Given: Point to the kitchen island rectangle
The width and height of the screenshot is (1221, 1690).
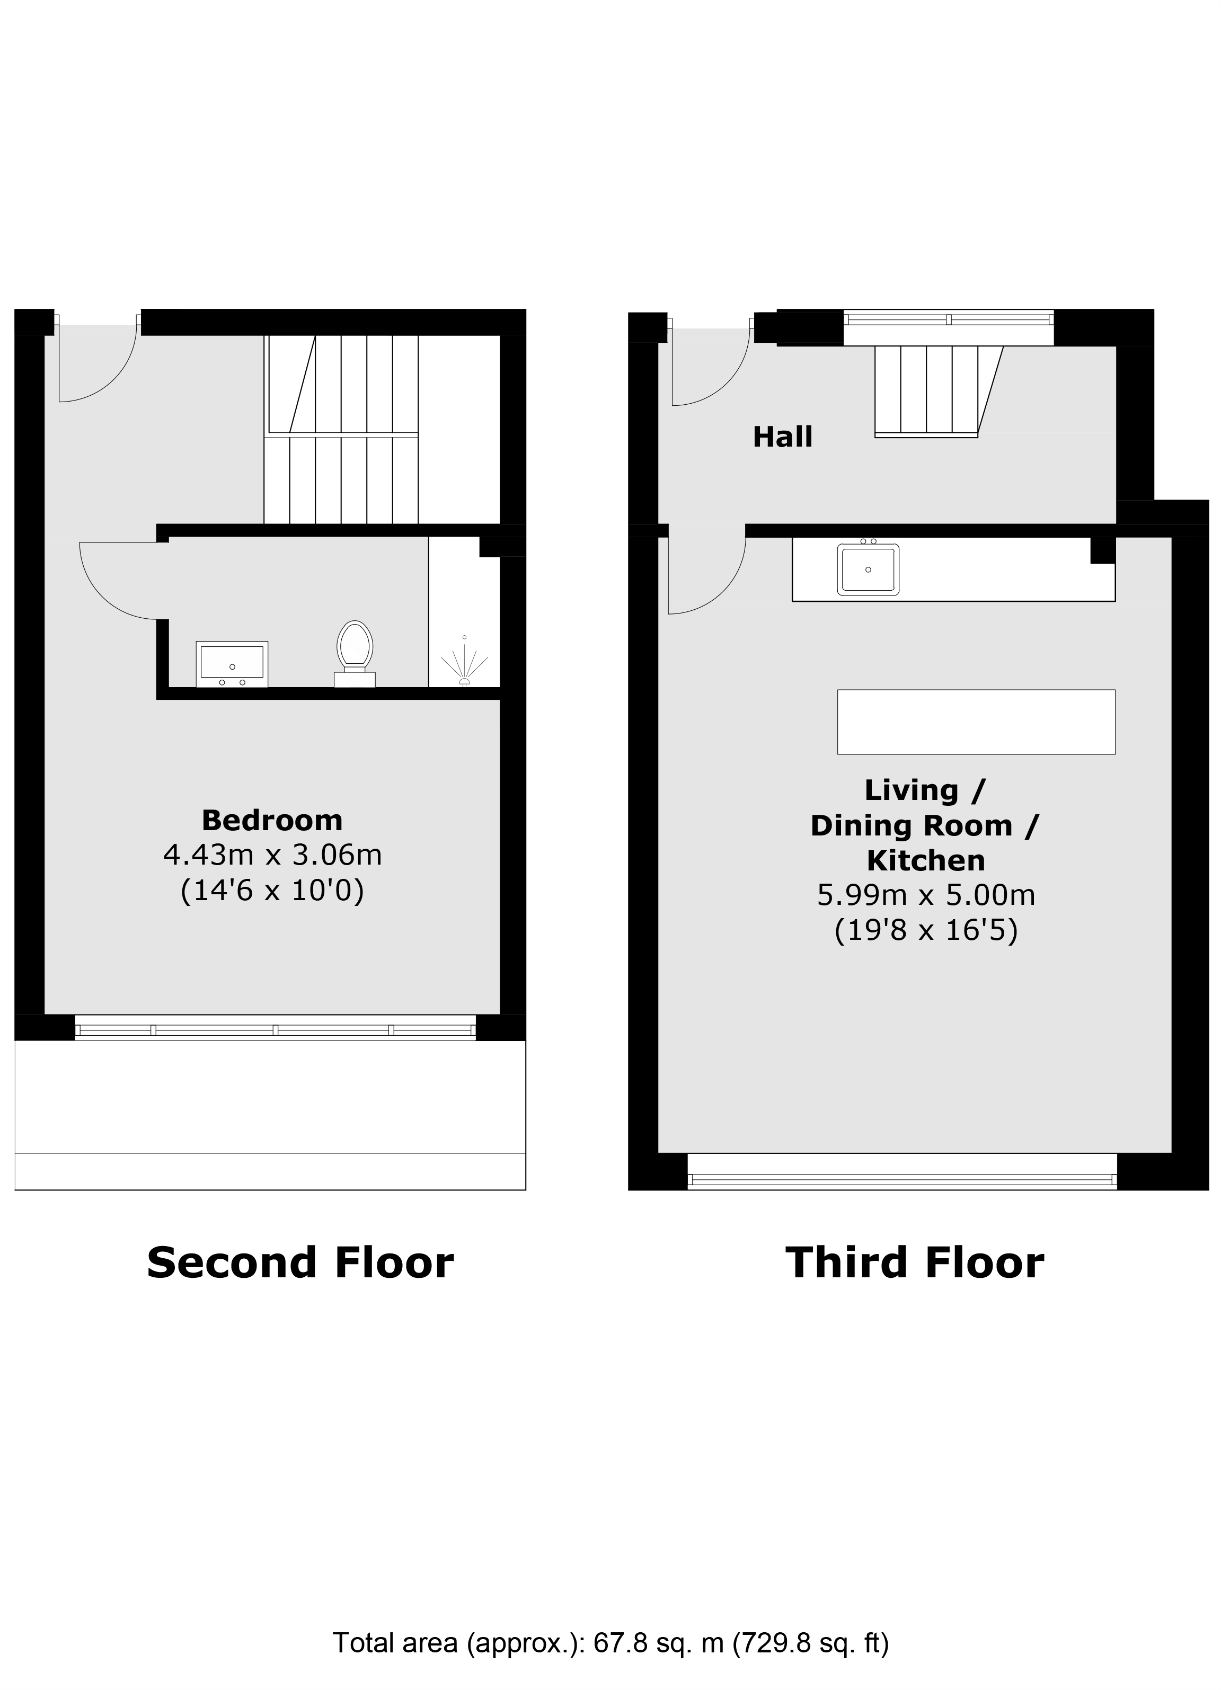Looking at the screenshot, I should [976, 722].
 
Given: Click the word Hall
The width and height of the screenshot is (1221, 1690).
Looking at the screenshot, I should [782, 437].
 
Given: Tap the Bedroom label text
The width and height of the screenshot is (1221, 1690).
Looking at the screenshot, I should [272, 821].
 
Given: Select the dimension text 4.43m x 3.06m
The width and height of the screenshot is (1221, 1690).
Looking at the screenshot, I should [272, 855].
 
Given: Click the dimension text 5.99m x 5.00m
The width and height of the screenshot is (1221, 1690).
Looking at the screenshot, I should [926, 895].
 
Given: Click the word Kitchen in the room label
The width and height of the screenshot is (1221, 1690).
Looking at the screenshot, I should [926, 861].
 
